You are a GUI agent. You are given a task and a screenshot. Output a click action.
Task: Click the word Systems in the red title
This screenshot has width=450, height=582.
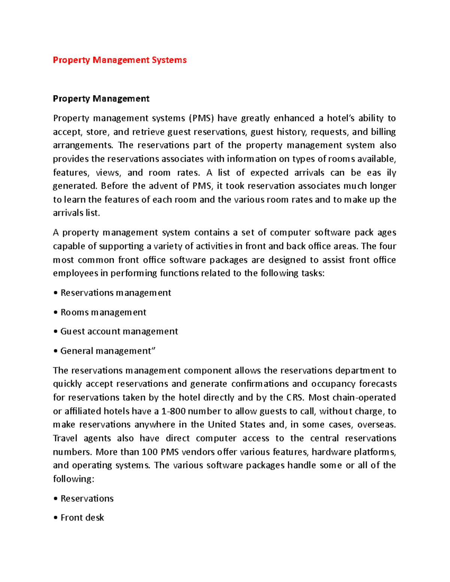tap(169, 60)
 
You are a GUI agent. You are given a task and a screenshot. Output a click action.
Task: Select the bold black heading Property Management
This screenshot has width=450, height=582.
tap(101, 99)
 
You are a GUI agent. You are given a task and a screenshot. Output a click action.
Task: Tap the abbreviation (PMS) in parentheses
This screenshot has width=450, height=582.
tap(201, 118)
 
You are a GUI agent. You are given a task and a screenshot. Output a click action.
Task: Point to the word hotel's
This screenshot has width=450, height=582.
tap(340, 118)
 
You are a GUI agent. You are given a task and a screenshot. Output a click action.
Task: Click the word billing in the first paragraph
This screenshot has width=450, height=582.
tap(383, 132)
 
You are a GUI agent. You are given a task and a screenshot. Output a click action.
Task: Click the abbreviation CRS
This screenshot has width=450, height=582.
tap(294, 398)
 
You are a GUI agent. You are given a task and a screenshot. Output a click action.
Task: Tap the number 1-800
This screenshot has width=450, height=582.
tap(173, 411)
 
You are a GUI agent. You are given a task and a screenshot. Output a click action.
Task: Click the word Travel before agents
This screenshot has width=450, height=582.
tap(66, 438)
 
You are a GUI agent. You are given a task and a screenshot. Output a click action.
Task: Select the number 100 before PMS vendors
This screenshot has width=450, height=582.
tap(150, 452)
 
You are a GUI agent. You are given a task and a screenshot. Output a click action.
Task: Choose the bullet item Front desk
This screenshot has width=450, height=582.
tap(82, 518)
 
